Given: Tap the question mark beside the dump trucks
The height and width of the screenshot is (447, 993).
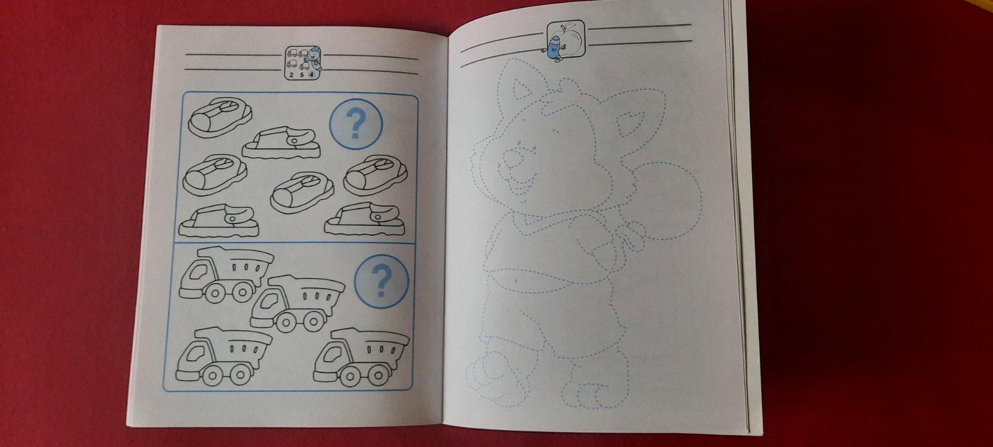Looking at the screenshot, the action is tap(381, 281).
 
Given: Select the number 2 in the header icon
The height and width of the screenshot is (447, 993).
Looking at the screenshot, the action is tap(291, 75).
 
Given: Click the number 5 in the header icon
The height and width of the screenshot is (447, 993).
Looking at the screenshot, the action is tap(302, 75).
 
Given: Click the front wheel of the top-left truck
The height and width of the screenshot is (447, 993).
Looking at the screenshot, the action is tap(215, 293).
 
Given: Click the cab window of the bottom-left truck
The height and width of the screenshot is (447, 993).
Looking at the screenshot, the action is tap(195, 353).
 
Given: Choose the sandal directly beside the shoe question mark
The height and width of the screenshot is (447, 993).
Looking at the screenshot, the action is tap(281, 142).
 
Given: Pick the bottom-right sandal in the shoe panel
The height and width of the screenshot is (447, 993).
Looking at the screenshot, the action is tap(364, 219).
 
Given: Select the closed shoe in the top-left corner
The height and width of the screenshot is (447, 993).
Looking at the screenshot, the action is tap(220, 117).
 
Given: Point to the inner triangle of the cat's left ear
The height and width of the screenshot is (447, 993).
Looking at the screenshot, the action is tap(523, 90).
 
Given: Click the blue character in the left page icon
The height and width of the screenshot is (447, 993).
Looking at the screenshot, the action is tap(313, 56).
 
